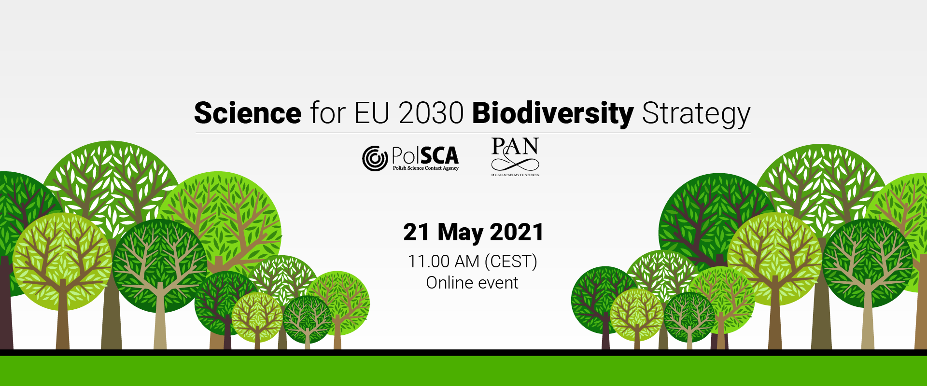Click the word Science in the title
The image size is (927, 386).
click(x=248, y=113)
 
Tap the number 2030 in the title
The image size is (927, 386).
click(x=432, y=113)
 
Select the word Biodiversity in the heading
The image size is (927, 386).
click(x=553, y=114)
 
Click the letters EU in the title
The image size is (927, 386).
click(x=372, y=113)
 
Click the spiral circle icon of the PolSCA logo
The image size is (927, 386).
click(x=375, y=158)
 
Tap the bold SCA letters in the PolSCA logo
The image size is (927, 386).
click(x=438, y=155)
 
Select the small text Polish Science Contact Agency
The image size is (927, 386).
click(x=425, y=168)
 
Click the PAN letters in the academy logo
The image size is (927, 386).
click(x=515, y=146)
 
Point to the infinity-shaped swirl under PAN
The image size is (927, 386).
click(x=515, y=164)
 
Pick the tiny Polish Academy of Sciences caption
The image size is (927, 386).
click(x=515, y=175)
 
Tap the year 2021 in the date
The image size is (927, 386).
click(x=517, y=232)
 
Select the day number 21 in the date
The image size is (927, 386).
click(x=417, y=232)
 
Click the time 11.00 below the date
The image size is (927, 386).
click(x=429, y=262)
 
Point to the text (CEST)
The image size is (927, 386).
click(x=511, y=262)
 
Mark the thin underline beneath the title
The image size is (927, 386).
click(x=473, y=133)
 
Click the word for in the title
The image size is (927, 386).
click(x=328, y=113)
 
